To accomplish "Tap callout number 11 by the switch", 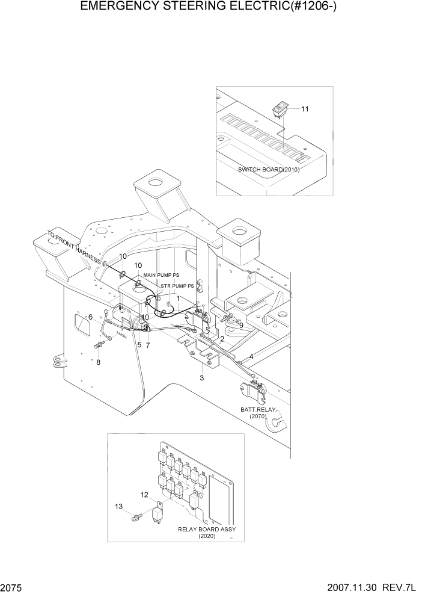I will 305,109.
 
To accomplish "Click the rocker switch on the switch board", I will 280,110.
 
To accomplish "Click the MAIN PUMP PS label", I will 161,274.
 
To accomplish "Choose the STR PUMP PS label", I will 177,286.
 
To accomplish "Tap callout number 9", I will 241,326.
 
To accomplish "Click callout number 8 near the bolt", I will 99,362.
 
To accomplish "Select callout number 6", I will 90,317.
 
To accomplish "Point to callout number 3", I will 202,378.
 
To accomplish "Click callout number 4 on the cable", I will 251,357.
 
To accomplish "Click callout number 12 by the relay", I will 144,495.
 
